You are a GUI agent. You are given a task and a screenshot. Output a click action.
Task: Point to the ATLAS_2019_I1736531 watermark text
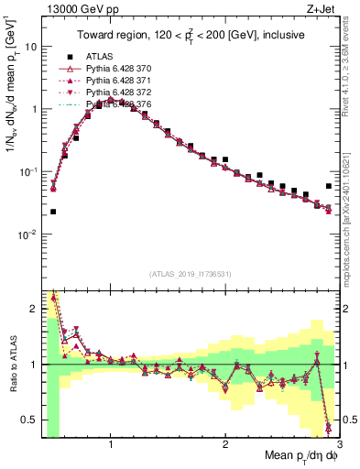click(190, 274)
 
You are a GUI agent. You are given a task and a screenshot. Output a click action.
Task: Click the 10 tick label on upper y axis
click(29, 46)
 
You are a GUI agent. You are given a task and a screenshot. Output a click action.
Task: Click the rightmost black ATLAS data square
click(329, 186)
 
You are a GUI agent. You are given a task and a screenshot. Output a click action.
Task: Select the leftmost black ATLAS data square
click(53, 212)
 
